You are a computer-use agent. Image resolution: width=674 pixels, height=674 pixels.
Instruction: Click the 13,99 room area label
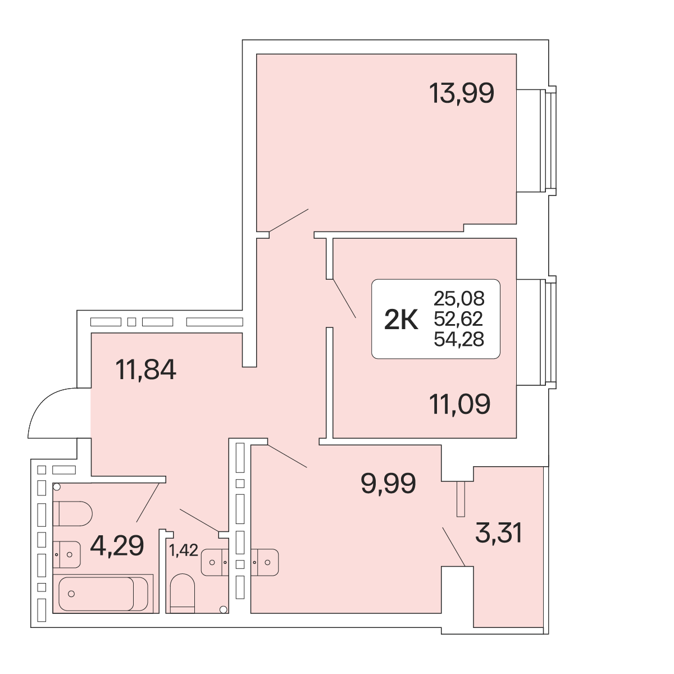(461, 93)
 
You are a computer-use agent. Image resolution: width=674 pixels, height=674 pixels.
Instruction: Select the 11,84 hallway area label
(145, 370)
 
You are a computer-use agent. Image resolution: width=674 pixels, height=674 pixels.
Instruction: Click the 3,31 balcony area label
(499, 532)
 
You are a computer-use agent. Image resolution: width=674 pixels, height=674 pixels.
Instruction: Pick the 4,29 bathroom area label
(117, 545)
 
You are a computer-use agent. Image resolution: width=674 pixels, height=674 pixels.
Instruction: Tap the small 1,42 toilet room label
(184, 550)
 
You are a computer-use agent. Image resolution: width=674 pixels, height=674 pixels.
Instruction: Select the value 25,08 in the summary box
(459, 298)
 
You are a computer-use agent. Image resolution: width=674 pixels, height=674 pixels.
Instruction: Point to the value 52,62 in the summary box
(458, 318)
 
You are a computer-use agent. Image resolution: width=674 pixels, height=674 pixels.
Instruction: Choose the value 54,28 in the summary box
(459, 339)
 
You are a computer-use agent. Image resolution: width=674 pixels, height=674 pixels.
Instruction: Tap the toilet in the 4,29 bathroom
(72, 513)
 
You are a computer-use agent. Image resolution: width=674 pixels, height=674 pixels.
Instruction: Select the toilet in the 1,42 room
(182, 594)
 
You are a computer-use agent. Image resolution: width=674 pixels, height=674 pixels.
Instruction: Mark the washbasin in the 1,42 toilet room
(215, 562)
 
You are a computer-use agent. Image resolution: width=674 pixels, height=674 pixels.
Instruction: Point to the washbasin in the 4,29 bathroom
(67, 555)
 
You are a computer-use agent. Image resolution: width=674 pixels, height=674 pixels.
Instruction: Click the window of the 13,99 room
(548, 140)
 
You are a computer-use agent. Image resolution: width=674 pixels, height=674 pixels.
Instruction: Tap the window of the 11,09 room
(548, 333)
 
